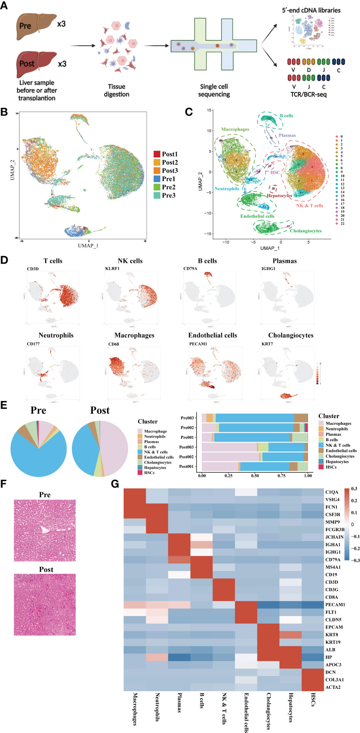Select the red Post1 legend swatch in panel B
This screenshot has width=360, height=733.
pos(157,154)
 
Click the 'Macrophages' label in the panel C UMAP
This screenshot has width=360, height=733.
pos(235,129)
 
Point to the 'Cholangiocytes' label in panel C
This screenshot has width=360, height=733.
pos(306,231)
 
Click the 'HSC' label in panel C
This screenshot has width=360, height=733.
pos(275,172)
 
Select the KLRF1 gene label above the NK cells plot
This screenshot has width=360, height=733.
pos(110,269)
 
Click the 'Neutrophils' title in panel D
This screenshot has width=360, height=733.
pos(56,335)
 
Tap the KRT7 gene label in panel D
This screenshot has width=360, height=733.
pos(266,344)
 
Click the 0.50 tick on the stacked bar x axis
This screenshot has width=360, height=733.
pos(255,475)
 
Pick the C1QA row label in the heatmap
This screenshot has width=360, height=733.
pos(331,492)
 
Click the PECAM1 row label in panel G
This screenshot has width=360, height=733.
pos(335,604)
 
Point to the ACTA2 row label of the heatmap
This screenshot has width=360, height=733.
pos(333,687)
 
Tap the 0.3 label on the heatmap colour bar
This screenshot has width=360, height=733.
pos(354,488)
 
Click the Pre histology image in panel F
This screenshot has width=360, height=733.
pos(45,530)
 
